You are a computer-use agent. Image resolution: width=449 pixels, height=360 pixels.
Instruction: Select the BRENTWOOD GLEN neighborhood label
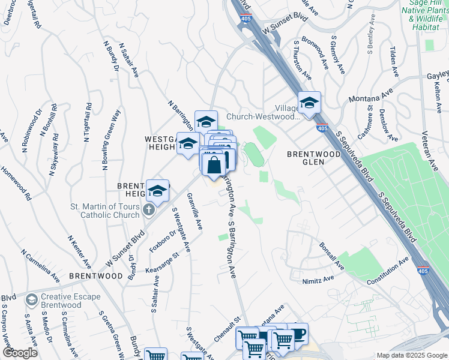[313, 154]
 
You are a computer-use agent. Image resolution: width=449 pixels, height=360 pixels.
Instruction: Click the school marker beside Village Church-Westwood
[309, 104]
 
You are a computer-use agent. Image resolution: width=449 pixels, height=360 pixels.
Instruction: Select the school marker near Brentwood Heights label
[157, 191]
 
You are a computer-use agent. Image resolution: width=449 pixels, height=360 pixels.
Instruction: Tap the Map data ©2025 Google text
[412, 355]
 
